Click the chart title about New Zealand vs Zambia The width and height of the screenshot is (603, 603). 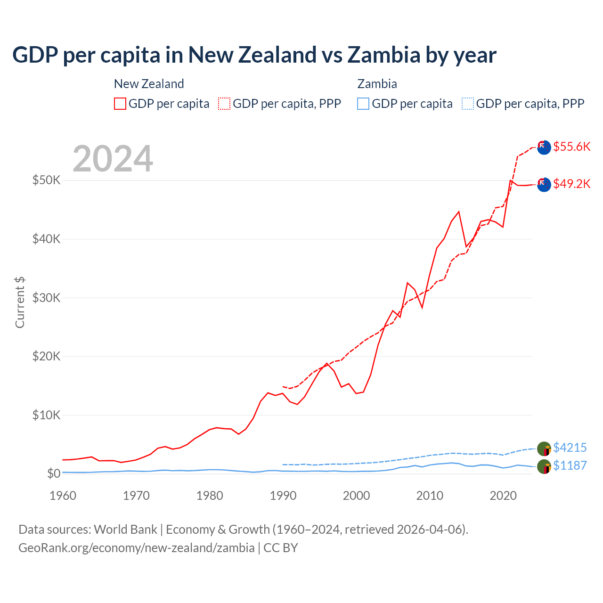click(x=254, y=55)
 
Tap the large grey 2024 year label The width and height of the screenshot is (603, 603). click(x=113, y=159)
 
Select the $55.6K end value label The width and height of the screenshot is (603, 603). click(x=571, y=147)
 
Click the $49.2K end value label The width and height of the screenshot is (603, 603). click(x=571, y=184)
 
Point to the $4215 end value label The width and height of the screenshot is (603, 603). click(x=570, y=448)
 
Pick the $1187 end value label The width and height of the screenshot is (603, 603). click(x=570, y=465)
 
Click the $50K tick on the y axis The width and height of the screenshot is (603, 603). click(x=46, y=180)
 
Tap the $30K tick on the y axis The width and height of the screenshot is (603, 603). click(x=46, y=298)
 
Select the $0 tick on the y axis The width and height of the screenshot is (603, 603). click(x=53, y=473)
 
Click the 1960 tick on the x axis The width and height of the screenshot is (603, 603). click(x=63, y=496)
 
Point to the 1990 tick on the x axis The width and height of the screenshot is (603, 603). click(x=283, y=496)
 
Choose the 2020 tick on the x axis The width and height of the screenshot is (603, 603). click(x=503, y=496)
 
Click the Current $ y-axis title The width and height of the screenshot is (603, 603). click(x=20, y=302)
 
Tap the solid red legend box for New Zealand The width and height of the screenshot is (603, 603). click(x=120, y=104)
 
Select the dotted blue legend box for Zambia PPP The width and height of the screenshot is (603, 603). click(x=468, y=104)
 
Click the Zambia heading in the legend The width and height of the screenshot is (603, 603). click(x=377, y=84)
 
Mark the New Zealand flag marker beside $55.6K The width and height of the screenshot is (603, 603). click(x=544, y=147)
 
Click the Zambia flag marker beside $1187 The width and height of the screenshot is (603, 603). click(x=544, y=466)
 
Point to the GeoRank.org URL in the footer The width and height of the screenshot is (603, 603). click(x=137, y=548)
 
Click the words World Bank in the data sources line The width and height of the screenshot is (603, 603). click(x=125, y=530)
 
